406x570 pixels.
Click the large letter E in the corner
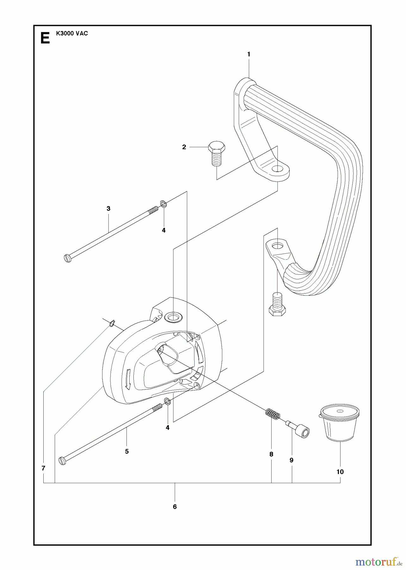coord(45,39)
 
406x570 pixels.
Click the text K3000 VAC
coord(72,34)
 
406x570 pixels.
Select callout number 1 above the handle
coord(249,54)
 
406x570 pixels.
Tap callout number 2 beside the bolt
coord(184,147)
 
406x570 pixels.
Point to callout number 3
coord(108,208)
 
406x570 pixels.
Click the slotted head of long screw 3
coord(68,258)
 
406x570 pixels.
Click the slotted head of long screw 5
coord(63,460)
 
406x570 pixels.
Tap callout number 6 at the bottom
coord(175,507)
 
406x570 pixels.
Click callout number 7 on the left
coord(43,468)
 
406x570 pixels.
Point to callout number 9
coord(292,460)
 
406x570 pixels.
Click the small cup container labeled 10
coord(339,422)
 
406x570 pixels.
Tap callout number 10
coord(340,472)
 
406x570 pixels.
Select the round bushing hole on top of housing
coord(173,317)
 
